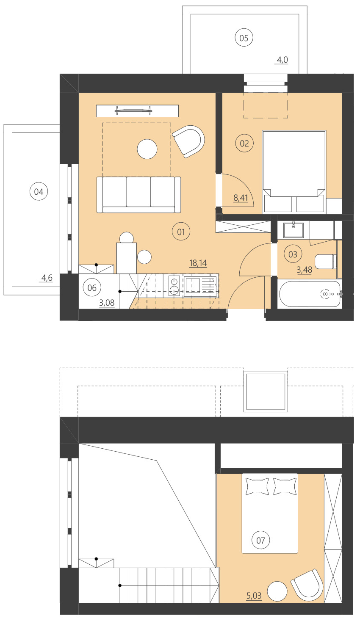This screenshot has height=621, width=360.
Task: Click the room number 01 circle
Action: pos(181,232)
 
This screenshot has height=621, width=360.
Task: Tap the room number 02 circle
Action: pos(244,143)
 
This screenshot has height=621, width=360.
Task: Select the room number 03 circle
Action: pos(293,254)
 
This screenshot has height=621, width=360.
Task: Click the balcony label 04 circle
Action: pos(39,192)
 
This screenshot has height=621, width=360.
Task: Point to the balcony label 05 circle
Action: pos(244,38)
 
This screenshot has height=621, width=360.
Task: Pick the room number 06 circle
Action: pos(92,288)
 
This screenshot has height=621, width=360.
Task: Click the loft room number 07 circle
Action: pos(260,540)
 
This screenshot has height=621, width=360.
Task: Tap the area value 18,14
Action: pos(198,263)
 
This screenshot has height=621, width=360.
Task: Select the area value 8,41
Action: pos(241,198)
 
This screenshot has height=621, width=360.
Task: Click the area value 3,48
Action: pos(305,270)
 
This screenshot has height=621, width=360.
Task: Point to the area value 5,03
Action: pos(254,596)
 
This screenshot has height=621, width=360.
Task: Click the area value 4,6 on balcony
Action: pos(47,278)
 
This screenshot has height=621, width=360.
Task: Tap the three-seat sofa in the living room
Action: pos(138,194)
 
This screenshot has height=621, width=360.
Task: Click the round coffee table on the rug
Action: pos(147,149)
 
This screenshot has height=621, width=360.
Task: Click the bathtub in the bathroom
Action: pos(310,294)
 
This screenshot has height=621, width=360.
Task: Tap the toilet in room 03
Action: pos(326,261)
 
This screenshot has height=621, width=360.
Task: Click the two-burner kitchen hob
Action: pos(174,285)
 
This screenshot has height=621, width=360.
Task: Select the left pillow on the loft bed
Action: pos(257,486)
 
